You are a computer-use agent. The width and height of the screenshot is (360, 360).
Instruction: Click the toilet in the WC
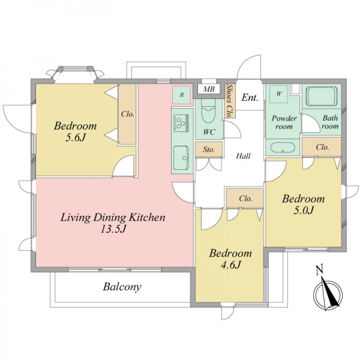click(x=208, y=110)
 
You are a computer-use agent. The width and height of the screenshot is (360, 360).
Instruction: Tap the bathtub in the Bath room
click(x=322, y=96)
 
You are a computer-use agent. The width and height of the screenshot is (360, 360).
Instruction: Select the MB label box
click(x=209, y=89)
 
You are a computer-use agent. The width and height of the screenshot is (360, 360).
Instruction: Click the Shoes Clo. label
click(x=229, y=101)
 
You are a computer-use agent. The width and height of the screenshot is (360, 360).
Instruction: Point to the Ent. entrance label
click(x=250, y=98)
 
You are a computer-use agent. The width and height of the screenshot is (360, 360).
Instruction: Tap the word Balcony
click(x=122, y=287)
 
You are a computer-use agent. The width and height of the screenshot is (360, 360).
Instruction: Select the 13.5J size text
click(x=113, y=229)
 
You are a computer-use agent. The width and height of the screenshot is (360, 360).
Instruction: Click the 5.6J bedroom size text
click(x=76, y=137)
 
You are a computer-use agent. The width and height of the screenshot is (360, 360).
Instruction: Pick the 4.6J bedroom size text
click(x=230, y=265)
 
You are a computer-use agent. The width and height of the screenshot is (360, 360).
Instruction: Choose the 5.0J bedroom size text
click(x=304, y=210)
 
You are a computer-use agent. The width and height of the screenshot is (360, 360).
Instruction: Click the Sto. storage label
click(x=209, y=149)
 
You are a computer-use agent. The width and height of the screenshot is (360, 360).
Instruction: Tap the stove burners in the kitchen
click(x=181, y=123)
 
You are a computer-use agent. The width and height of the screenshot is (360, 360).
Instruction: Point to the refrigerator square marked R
click(x=182, y=95)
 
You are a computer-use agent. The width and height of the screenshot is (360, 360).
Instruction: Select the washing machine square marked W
click(x=279, y=94)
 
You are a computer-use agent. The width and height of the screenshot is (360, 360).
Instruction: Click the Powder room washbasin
click(x=283, y=148)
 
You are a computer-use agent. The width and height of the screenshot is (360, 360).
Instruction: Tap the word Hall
click(x=244, y=156)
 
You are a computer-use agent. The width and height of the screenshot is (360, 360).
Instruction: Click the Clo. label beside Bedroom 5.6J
click(x=128, y=114)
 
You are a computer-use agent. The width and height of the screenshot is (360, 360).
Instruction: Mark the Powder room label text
click(x=284, y=122)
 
